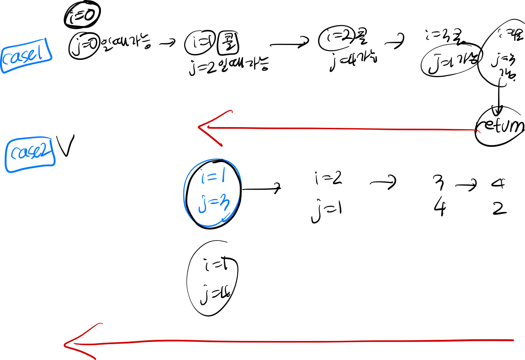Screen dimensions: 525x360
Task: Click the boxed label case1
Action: (26, 55)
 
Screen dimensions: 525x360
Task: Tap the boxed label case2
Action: (30, 154)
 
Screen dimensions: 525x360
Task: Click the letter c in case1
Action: (7, 58)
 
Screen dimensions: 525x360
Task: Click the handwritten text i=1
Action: (213, 177)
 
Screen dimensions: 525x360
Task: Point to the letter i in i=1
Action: (203, 178)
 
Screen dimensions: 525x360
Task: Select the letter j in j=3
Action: (202, 205)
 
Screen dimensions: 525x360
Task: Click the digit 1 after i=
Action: (223, 176)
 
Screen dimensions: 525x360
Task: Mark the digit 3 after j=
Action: (225, 204)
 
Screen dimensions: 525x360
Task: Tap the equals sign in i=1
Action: (212, 177)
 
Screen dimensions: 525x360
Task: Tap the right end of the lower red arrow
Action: (513, 340)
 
